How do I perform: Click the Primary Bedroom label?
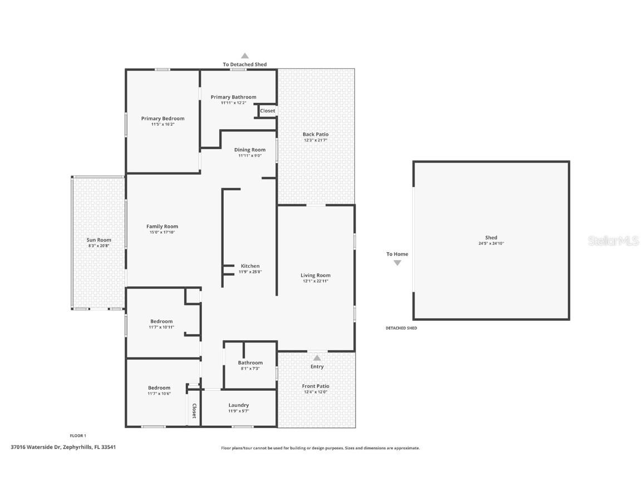coord(162,119)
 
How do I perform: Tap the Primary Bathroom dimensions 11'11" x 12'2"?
coord(233,103)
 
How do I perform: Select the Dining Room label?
coord(250,149)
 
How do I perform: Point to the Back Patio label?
coord(315,134)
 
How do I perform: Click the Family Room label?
coord(162,226)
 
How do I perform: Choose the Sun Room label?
coord(99,239)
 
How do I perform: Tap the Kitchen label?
coord(250,266)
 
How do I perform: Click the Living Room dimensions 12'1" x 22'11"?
coord(315,281)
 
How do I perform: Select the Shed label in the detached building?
coord(491,237)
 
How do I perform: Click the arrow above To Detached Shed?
coord(244,56)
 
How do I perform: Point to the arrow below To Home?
coord(397,263)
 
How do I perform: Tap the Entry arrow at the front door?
coord(317,358)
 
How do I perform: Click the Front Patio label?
coord(315,386)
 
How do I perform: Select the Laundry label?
coord(238,405)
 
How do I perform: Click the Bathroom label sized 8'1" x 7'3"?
coord(250,362)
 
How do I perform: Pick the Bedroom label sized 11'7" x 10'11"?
coord(161,321)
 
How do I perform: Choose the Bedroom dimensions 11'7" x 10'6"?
coord(159,394)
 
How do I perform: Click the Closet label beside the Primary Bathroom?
coord(268,111)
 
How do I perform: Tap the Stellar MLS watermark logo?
coord(614,240)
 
